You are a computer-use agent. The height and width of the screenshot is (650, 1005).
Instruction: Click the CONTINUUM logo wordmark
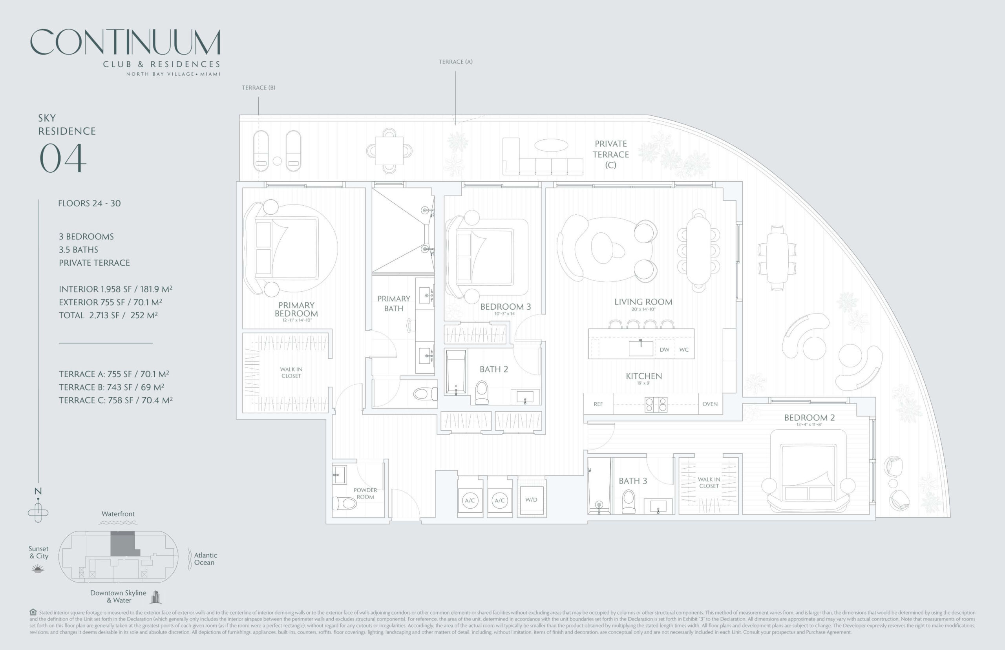pos(125,42)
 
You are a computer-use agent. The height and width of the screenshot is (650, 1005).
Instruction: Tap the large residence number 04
pos(63,158)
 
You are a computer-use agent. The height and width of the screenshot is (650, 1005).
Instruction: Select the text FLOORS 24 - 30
pos(90,203)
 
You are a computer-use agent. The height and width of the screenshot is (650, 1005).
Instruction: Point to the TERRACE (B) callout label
pos(258,88)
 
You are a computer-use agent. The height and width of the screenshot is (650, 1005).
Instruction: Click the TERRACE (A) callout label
pos(455,62)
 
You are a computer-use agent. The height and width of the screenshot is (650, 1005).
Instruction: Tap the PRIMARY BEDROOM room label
pos(296,309)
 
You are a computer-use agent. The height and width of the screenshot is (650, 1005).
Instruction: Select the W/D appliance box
pos(532,500)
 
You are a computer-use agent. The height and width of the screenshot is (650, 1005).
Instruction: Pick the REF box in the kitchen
pos(598,404)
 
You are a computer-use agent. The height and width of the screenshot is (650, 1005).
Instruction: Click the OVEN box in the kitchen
pos(710,404)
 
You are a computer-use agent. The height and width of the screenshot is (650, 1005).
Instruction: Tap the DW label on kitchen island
pos(664,349)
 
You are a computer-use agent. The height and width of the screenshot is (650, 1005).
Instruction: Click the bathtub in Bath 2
pos(456,372)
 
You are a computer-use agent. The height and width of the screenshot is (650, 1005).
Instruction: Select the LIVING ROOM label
pos(643,302)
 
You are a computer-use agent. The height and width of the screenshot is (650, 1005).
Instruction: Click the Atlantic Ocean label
pos(205,559)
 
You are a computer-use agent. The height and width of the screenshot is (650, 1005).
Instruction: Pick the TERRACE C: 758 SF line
pos(115,400)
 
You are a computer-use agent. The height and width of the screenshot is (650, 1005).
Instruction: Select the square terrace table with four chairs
pos(389,151)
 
